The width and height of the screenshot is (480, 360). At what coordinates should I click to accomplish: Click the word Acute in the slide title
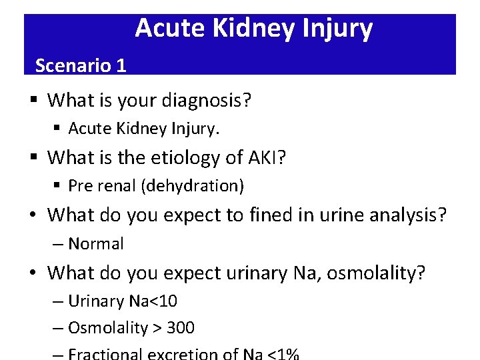coord(169,29)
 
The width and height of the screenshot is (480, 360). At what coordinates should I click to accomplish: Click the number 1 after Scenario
coord(121,65)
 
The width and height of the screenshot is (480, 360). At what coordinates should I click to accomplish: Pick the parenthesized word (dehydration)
coord(192,186)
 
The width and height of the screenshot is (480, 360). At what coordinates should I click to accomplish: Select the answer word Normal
coord(96,244)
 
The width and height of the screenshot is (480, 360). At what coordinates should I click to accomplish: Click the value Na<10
coord(151,301)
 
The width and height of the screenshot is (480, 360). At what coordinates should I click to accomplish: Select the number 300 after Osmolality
coord(180,328)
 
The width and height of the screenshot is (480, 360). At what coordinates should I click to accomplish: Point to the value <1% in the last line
coord(283,354)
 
